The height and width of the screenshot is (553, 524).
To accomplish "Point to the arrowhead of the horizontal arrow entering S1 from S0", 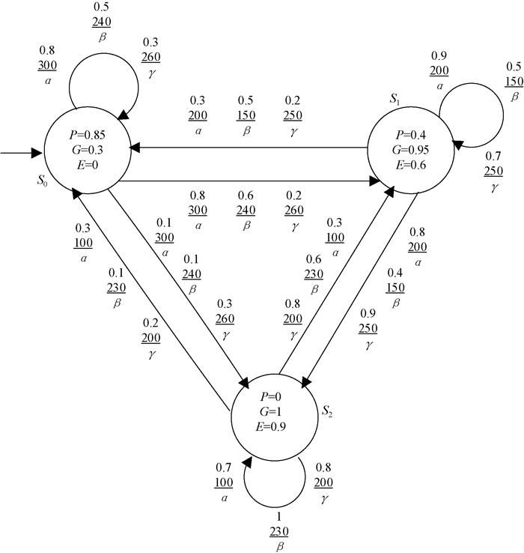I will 375,181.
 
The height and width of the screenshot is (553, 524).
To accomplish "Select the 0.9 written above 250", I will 368,312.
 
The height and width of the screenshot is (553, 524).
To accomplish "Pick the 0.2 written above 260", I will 294,198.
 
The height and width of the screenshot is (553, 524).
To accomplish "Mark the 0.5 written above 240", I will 102,7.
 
